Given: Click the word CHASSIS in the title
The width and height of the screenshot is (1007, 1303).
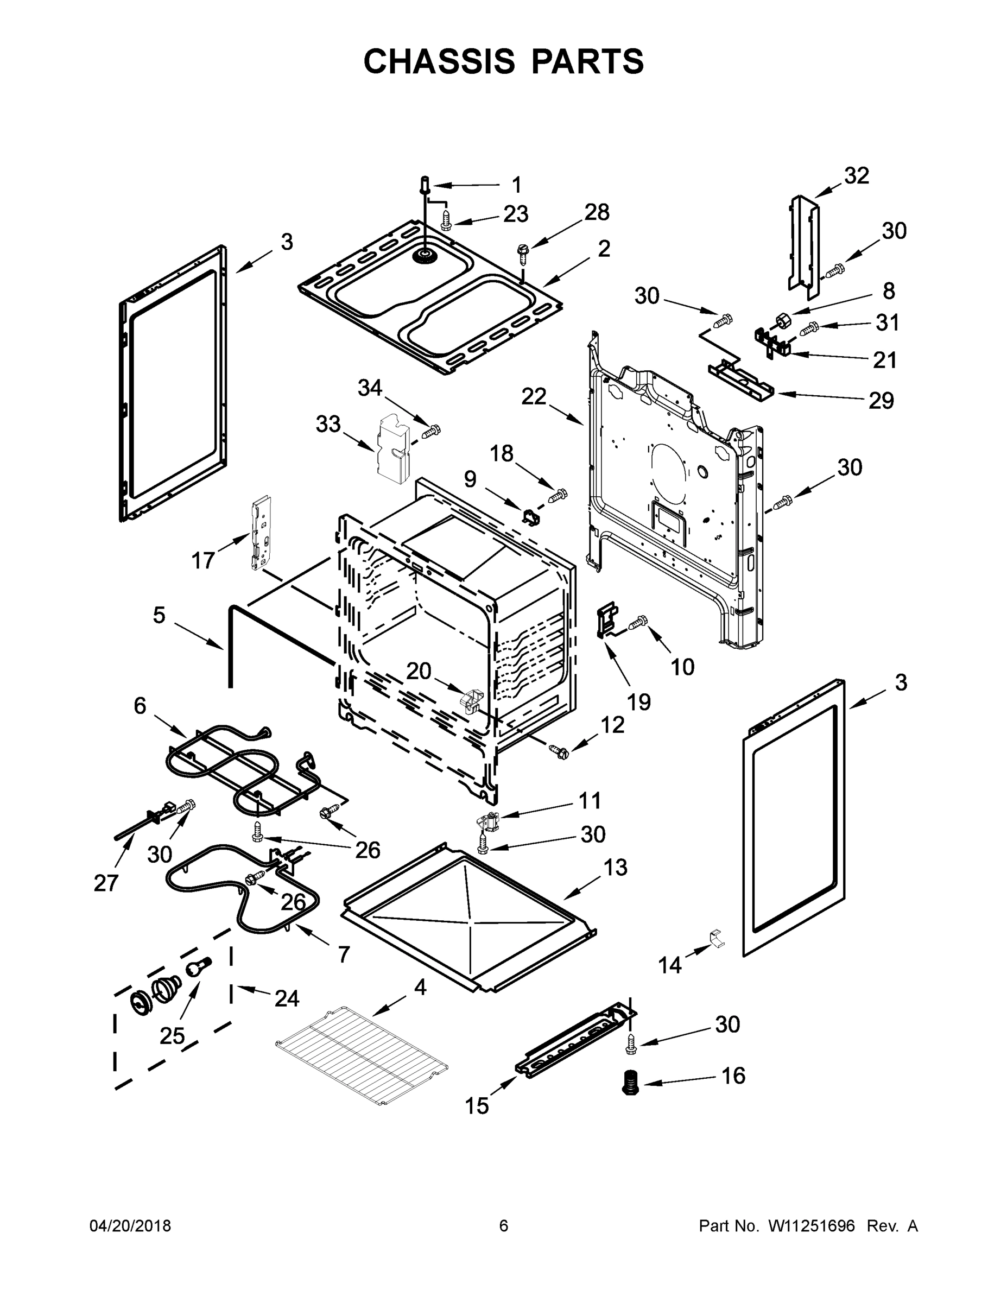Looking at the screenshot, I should pyautogui.click(x=439, y=61).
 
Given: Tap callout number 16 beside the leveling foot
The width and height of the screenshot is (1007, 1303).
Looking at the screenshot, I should pyautogui.click(x=733, y=1076).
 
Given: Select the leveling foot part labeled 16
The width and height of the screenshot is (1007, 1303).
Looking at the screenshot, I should pyautogui.click(x=629, y=1081).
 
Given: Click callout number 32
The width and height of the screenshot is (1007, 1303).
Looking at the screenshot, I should pyautogui.click(x=856, y=175).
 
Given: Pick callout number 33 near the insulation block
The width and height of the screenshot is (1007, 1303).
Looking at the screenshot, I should pyautogui.click(x=327, y=423).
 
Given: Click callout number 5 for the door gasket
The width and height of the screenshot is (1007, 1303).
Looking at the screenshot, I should pyautogui.click(x=158, y=615).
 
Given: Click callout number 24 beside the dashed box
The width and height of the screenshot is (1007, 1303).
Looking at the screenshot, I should pyautogui.click(x=286, y=998).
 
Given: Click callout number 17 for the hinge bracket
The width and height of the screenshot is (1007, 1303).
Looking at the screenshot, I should pyautogui.click(x=203, y=560).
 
